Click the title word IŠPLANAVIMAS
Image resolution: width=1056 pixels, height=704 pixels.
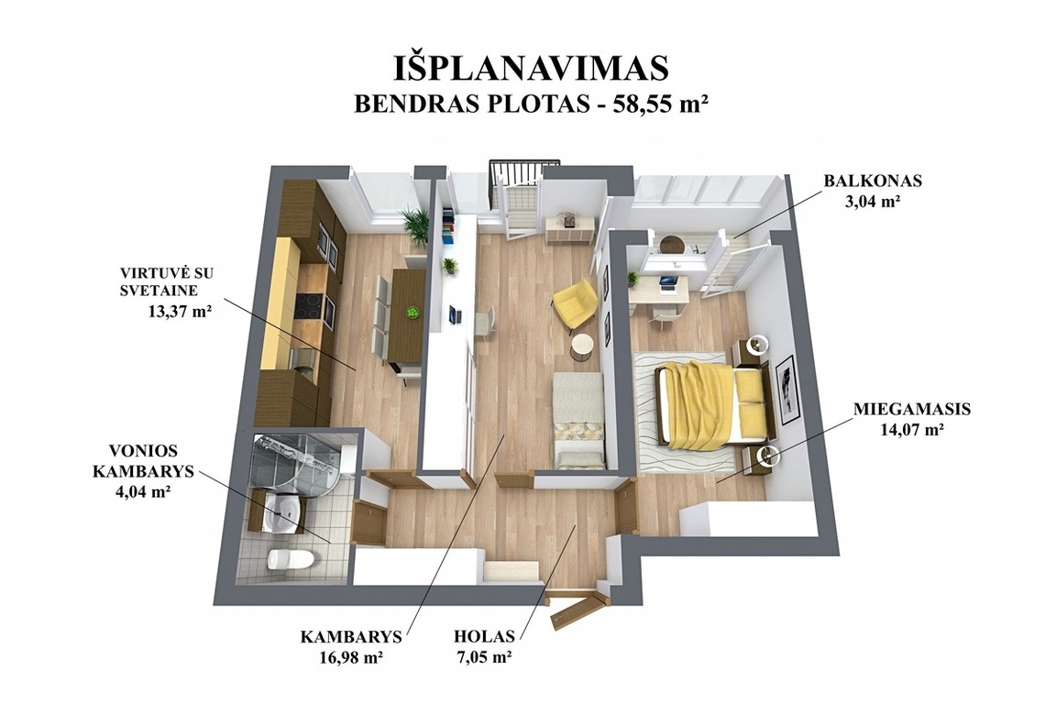tap(530, 68)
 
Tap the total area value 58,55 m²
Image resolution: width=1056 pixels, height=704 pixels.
tap(660, 104)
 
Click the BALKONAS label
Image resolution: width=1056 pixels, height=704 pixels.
tap(873, 181)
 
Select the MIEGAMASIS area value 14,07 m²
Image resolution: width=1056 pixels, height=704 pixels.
tap(911, 429)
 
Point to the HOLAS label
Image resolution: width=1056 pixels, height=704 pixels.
tap(484, 637)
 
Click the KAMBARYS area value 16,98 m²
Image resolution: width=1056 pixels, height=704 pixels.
tap(352, 657)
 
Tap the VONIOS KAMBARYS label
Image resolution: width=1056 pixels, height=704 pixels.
tap(143, 461)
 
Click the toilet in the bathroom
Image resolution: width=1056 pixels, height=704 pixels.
tap(290, 558)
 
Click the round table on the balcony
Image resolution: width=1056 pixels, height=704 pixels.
tap(671, 243)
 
